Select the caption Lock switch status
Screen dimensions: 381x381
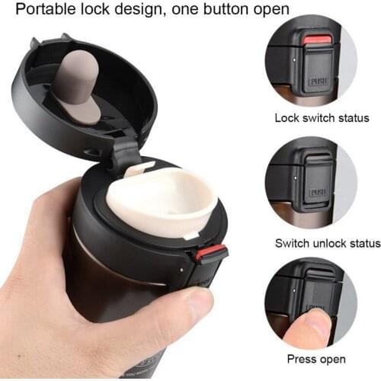click(322, 118)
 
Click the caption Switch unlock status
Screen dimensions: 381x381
click(327, 243)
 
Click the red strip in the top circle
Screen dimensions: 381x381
click(315, 40)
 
